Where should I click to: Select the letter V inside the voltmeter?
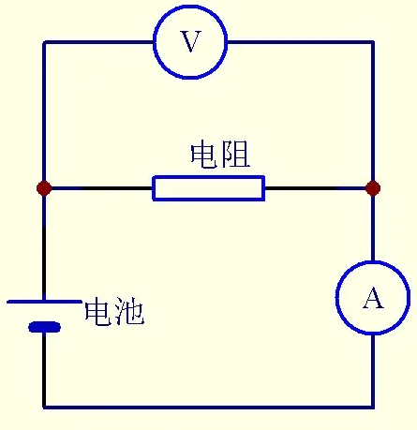coord(190,41)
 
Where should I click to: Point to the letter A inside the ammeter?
coord(373,298)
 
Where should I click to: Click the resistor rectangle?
coord(209,177)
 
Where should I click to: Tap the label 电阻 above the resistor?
coord(220,155)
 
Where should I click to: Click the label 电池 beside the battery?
coord(114,312)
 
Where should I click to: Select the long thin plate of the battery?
coord(44,302)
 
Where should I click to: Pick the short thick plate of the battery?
coord(44,327)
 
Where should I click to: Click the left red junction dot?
coord(44,188)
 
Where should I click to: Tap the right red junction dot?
coord(373,188)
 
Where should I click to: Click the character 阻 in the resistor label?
coord(236,155)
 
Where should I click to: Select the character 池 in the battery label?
coord(129,312)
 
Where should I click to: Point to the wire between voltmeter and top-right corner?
coord(301,42)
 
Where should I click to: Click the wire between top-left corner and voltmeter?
coord(98,42)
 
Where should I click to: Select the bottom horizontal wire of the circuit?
coord(208,407)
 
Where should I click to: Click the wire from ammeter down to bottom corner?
coord(373,371)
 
